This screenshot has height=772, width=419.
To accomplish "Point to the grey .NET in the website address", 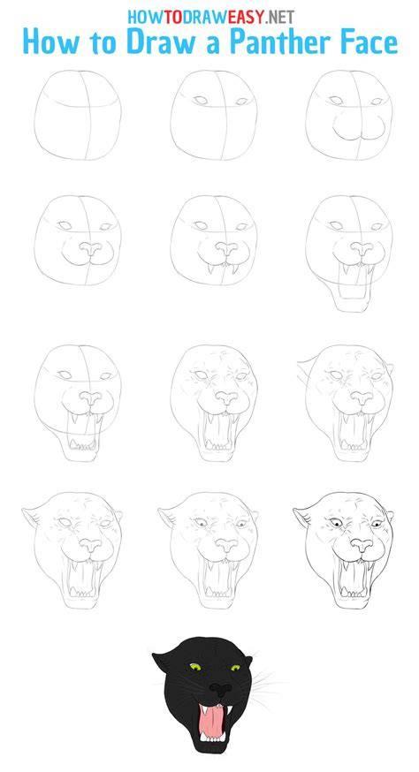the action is point(280,17).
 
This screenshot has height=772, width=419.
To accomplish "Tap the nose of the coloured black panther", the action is point(217,689).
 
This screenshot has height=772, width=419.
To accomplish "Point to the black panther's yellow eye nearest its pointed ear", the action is point(195,667).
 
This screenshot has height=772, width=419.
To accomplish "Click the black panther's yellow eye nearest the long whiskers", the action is point(236,668).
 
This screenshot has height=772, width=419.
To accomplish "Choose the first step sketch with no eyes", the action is point(78,115).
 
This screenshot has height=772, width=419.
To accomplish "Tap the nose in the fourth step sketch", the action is point(89,248).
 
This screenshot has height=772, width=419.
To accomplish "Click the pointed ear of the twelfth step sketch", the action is point(301,516).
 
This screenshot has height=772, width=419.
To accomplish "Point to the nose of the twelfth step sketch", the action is point(362,544).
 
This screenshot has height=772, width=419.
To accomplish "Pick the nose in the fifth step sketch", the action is point(225,248).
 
